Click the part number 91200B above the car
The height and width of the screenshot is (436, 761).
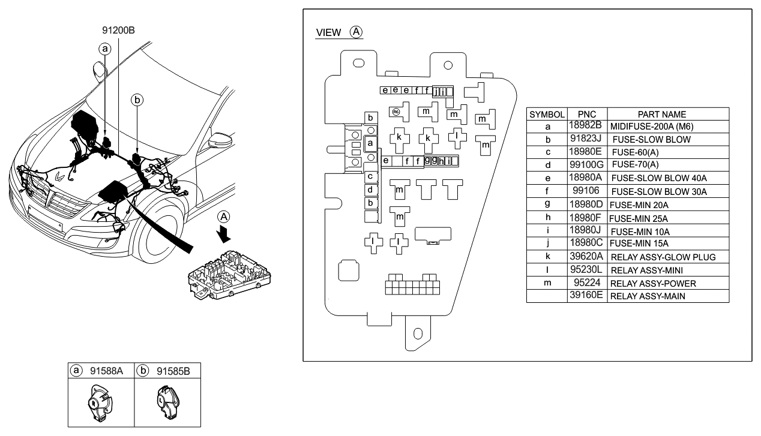pos(118,28)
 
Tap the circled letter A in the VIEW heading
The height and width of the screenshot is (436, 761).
pos(356,31)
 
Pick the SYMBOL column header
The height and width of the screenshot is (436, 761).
pos(547,114)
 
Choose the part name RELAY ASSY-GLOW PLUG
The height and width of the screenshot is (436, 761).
pos(663,257)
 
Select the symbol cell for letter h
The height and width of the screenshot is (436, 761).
pos(547,218)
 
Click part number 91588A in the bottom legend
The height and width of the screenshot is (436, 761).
pos(106,371)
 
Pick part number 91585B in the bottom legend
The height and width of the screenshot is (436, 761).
pos(173,371)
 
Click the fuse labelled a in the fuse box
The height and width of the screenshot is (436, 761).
pos(371,144)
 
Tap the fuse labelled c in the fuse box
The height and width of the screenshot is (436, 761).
pos(371,176)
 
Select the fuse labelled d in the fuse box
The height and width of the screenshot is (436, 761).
pos(371,190)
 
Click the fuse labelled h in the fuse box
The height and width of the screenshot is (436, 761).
pos(441,161)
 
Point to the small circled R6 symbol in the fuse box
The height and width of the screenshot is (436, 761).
pos(396,112)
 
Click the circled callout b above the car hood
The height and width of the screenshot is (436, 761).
pos(137,101)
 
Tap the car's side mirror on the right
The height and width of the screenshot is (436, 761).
pos(216,144)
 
